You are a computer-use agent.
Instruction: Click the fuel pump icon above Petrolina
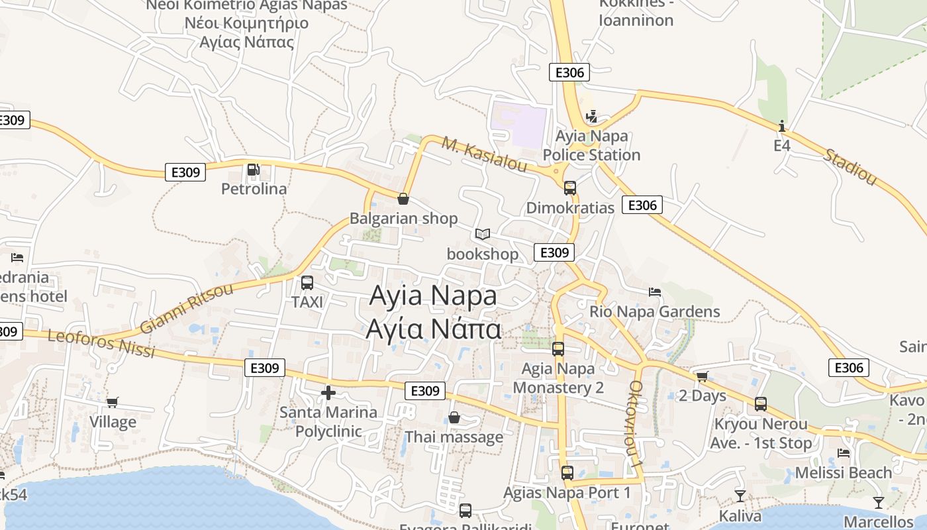point(253,170)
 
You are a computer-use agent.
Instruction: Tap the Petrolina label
point(254,189)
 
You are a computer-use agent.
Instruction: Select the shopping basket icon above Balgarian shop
point(403,198)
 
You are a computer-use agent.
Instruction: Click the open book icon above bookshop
point(483,235)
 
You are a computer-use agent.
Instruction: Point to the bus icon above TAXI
point(307,283)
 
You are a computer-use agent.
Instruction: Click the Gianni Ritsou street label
point(187,309)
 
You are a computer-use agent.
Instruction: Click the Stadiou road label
point(850,167)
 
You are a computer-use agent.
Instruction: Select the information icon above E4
point(782,126)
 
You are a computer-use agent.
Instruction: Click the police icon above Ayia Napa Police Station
point(592,117)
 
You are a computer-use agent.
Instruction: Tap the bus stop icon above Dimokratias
point(570,187)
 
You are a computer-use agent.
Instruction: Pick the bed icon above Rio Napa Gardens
point(655,291)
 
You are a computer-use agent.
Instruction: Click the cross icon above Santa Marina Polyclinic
point(328,393)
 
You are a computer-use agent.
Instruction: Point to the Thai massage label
point(454,437)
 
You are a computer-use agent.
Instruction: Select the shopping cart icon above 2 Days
point(703,376)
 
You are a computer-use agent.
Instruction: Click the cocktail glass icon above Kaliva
point(740,496)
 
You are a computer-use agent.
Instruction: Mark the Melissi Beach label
point(844,473)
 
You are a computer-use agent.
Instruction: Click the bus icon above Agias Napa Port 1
point(567,472)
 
